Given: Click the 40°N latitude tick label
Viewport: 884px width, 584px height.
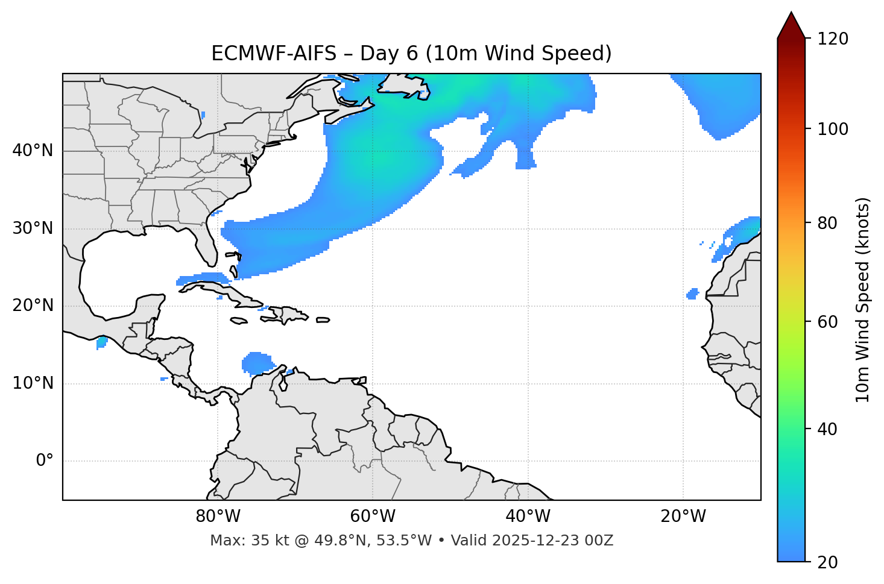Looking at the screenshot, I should [x=33, y=151].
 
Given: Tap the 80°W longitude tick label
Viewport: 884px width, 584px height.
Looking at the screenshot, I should [x=218, y=516].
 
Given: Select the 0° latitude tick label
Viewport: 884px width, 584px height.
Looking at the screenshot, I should [x=45, y=461].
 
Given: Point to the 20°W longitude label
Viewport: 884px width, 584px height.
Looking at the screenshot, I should [x=683, y=516].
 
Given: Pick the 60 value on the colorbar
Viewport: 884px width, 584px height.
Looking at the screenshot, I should [x=829, y=322].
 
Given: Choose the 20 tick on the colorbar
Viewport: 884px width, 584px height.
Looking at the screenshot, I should [x=829, y=562].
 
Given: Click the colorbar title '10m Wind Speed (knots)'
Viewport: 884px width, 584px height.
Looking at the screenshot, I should [x=863, y=300].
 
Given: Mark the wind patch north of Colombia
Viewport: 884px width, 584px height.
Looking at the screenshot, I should [x=257, y=363].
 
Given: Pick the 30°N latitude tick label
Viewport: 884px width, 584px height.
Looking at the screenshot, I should [x=33, y=228].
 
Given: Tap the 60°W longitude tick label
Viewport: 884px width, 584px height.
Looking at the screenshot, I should [x=373, y=516].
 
